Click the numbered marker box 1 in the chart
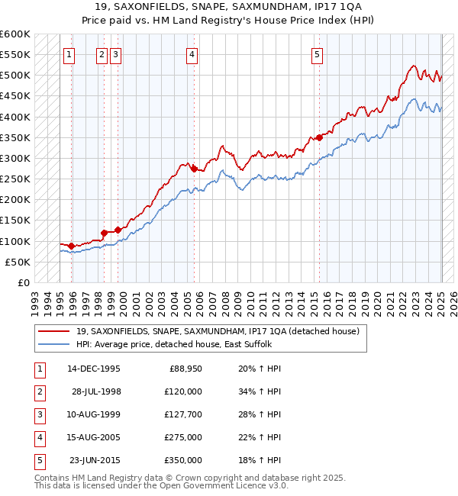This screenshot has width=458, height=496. pos(69,54)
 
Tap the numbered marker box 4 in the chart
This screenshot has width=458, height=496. pos(192,54)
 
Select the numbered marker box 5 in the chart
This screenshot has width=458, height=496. pos(317,54)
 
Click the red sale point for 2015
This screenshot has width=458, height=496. pos(319,138)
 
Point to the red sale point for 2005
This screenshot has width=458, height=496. pos(194,169)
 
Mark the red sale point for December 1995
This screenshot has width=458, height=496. pos(71,246)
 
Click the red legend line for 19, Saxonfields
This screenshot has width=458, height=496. pos(54,331)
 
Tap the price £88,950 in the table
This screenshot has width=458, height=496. pos(184,368)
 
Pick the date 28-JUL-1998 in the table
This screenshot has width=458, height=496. pos(96,391)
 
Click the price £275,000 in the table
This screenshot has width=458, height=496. pos(184,437)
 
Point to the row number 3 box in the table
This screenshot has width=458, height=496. pos(39,414)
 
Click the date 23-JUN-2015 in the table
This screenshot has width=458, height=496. pos(95,460)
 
